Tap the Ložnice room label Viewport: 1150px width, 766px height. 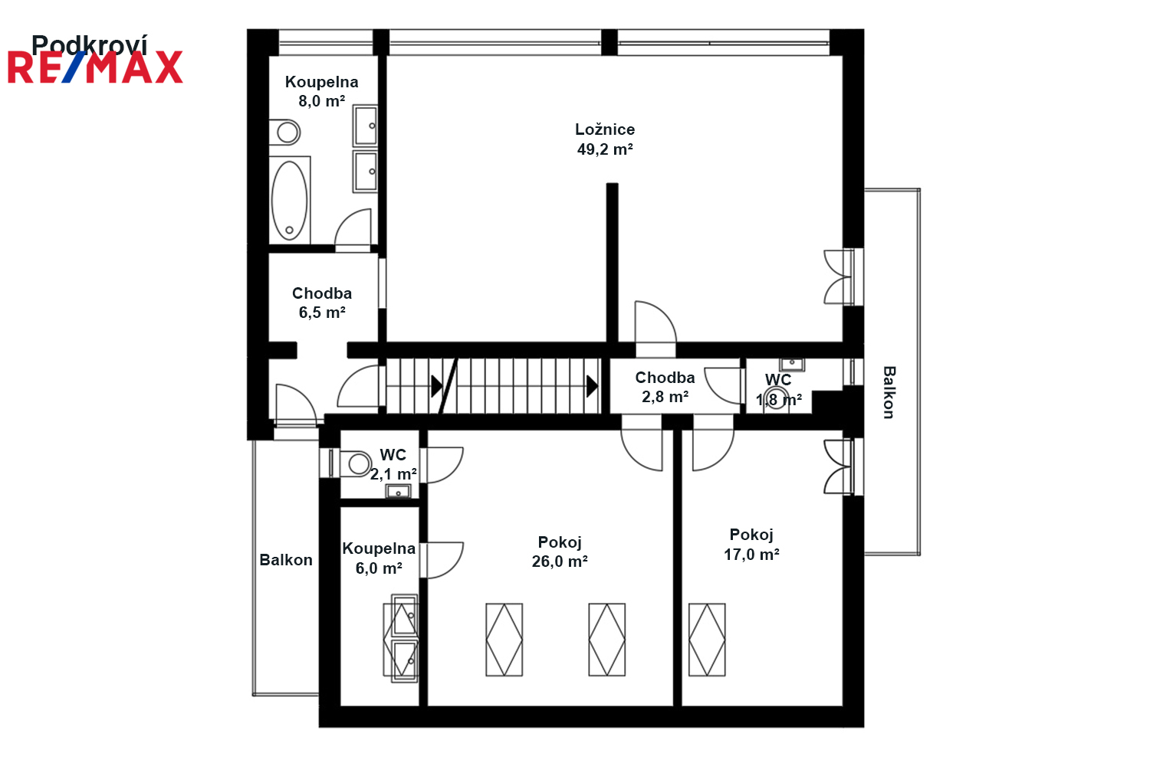(x=605, y=129)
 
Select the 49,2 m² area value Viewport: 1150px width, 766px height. (x=605, y=149)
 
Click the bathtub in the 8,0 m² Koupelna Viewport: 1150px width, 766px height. (x=290, y=200)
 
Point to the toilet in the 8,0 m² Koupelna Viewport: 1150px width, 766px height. (x=286, y=132)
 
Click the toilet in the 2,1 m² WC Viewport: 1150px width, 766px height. (x=356, y=463)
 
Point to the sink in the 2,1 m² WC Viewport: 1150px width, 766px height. (x=399, y=491)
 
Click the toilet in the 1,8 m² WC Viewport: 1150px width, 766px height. (x=775, y=398)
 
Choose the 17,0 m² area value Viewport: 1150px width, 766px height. (x=751, y=555)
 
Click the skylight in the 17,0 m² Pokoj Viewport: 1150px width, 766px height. (x=707, y=640)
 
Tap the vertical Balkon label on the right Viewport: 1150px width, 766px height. (x=889, y=392)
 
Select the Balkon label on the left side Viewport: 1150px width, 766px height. (x=286, y=560)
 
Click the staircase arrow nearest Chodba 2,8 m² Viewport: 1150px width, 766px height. (x=592, y=386)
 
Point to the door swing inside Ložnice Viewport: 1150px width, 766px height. (x=655, y=326)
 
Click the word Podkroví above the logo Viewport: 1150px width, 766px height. (x=90, y=44)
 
